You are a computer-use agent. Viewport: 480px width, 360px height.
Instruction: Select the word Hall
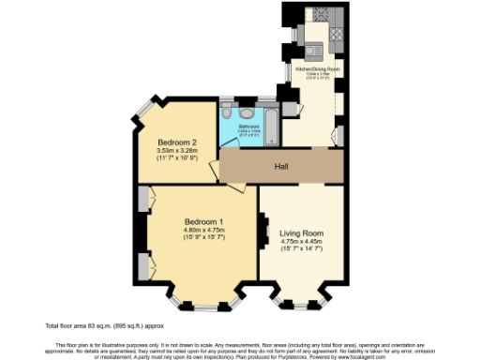280,167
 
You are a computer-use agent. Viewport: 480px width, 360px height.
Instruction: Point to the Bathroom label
248,125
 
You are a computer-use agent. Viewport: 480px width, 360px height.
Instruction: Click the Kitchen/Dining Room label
318,70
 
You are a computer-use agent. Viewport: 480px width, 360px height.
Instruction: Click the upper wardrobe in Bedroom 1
144,200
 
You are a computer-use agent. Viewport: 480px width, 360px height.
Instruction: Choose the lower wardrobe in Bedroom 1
144,265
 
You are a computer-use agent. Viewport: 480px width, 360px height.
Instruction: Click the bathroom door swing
229,141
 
